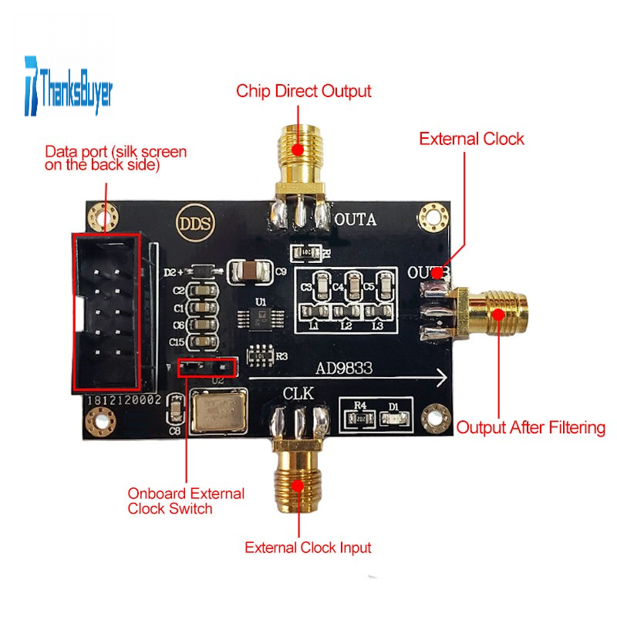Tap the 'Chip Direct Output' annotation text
pyautogui.click(x=303, y=91)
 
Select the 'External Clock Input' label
pyautogui.click(x=308, y=548)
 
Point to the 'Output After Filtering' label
pyautogui.click(x=531, y=427)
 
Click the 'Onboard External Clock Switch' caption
pyautogui.click(x=186, y=501)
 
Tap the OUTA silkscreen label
pyautogui.click(x=355, y=221)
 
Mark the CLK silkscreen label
pyautogui.click(x=298, y=393)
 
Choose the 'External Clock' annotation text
pyautogui.click(x=471, y=139)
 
